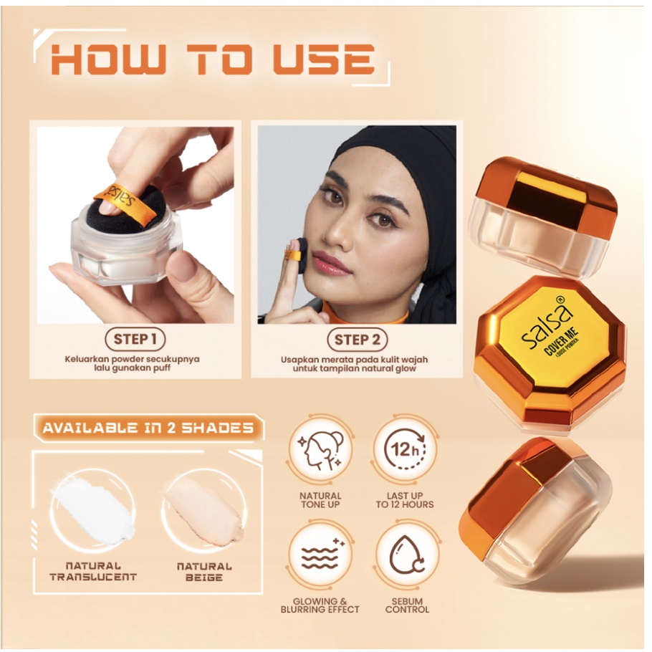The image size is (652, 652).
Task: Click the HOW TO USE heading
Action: (213, 59)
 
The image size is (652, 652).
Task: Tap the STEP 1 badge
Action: (135, 340)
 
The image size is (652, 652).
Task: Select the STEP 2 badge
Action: (358, 340)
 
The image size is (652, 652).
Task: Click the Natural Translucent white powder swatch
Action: (92, 510)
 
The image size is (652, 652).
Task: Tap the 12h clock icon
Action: (405, 451)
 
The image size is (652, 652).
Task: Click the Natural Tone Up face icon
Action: (320, 451)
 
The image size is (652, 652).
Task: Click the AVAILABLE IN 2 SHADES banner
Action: (148, 428)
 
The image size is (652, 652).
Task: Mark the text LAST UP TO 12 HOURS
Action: (405, 500)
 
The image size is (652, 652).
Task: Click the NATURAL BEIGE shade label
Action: (204, 572)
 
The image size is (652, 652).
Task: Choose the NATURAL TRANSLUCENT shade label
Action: (92, 571)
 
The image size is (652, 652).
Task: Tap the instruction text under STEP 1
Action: (133, 363)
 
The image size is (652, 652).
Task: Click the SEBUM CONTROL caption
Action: (407, 605)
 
